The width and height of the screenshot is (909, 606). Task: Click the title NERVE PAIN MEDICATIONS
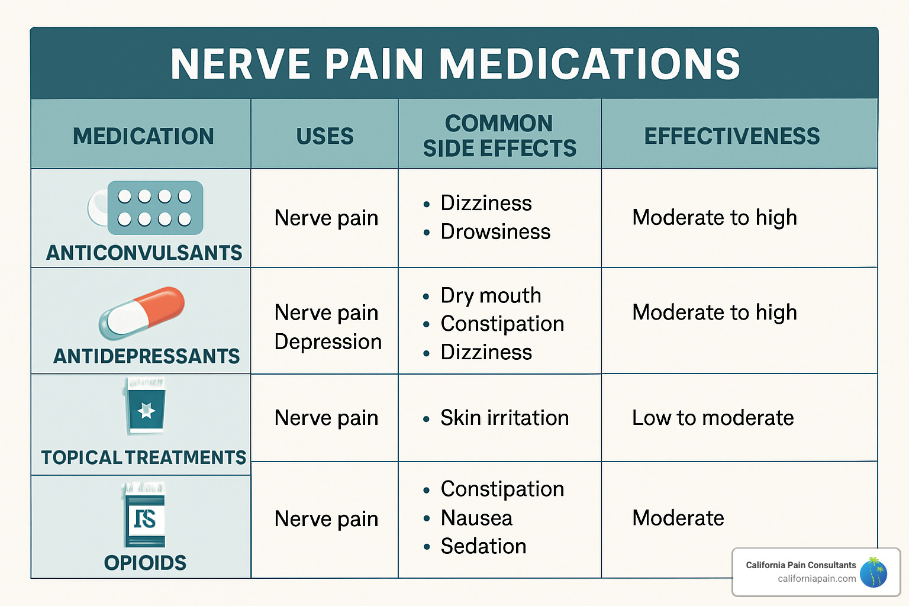(x=454, y=64)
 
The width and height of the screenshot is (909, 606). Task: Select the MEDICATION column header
(x=143, y=136)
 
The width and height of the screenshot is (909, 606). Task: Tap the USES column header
(x=325, y=136)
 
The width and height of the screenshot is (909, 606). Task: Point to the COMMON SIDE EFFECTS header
(x=499, y=136)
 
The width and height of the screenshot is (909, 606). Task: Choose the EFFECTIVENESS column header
(x=732, y=136)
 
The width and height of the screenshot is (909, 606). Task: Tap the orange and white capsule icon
(x=142, y=312)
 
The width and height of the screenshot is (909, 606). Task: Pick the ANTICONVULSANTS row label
(x=144, y=253)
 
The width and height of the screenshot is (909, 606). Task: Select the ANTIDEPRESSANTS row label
(x=146, y=356)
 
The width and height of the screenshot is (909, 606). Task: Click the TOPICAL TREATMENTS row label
(x=143, y=457)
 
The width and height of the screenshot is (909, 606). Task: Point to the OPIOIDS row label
(x=145, y=563)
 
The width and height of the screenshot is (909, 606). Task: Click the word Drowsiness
(x=495, y=232)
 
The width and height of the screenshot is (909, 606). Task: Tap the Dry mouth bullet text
(x=491, y=295)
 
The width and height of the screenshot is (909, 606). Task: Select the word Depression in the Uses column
(x=328, y=341)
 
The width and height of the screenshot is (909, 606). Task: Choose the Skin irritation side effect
(x=504, y=418)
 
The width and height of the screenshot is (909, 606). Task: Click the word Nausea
(x=476, y=518)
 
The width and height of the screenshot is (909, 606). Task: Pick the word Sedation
(x=483, y=546)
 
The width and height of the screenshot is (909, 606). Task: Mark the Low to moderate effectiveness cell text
(x=713, y=418)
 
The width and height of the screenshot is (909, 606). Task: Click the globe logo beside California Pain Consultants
(x=873, y=572)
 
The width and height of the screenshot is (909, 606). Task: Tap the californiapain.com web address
(x=817, y=579)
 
